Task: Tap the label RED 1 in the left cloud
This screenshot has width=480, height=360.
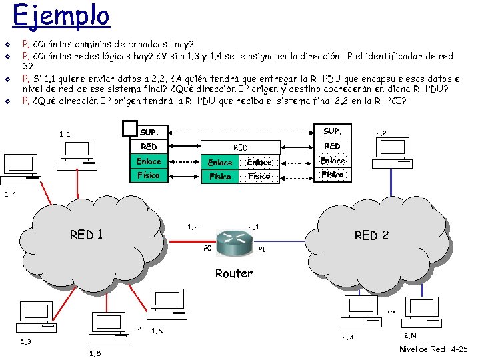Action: coord(87,234)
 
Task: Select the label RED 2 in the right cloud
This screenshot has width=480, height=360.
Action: coord(371,235)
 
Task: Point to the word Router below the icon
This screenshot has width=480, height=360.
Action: coord(234,273)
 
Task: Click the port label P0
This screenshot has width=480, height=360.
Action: coord(207,249)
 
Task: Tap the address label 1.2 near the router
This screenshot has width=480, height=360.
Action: coord(193,227)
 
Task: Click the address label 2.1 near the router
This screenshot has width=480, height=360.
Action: coord(255,227)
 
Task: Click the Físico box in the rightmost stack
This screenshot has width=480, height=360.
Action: coord(332,175)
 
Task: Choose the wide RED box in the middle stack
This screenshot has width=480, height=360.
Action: coord(240,147)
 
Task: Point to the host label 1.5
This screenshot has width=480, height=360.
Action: coord(95,353)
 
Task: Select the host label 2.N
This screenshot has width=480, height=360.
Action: coord(411,335)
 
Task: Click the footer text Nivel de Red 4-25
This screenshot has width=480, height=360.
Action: coord(433,349)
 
